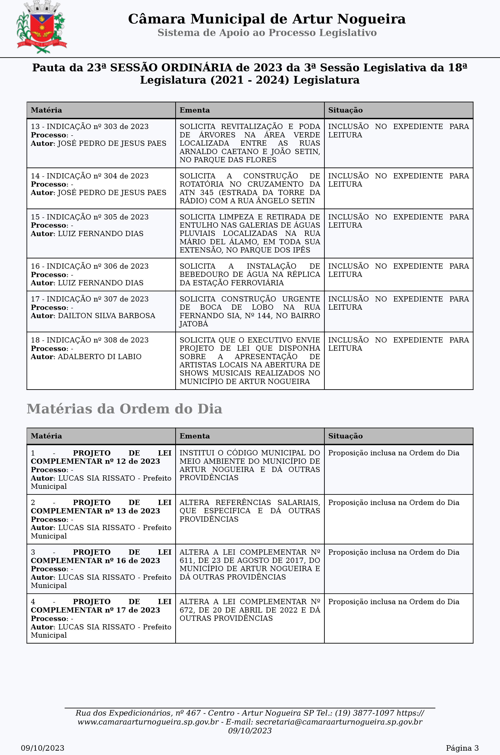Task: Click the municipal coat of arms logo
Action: (x=41, y=27)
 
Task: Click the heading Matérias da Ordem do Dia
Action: (x=124, y=409)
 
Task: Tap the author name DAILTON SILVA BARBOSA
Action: (x=106, y=316)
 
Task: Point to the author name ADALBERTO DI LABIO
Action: (x=100, y=356)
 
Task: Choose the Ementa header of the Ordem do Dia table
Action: (x=195, y=436)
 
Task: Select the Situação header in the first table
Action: (x=345, y=110)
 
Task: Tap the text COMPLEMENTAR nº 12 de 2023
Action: (x=95, y=461)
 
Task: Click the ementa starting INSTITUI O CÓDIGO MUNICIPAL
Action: (x=250, y=465)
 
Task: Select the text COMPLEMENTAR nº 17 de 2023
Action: (x=95, y=610)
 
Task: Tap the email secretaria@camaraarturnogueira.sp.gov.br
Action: (x=339, y=722)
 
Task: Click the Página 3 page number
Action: (x=462, y=748)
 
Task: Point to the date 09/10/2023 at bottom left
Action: (x=43, y=748)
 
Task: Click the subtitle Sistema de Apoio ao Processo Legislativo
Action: (x=267, y=33)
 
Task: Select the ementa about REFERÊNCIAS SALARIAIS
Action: (x=250, y=510)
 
